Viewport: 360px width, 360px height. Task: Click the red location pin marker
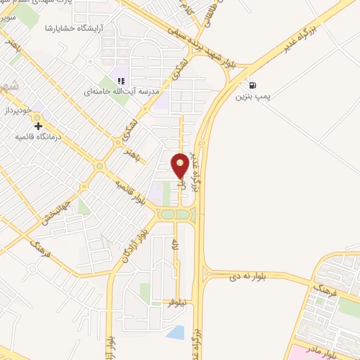pos(180,165)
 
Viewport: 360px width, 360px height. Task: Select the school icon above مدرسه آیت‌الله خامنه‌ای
pos(121,81)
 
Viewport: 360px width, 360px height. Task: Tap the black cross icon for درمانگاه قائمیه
pos(37,125)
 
